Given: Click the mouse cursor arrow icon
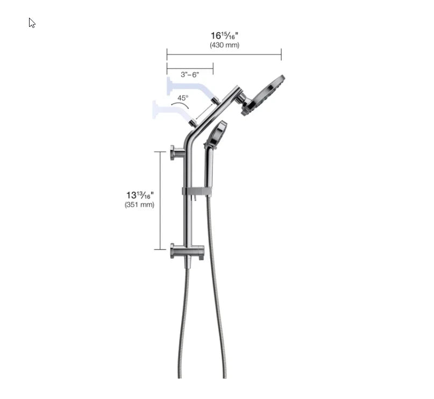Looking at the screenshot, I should click(32, 23).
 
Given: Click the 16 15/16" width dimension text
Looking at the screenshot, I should click(224, 36).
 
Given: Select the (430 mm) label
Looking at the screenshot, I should click(224, 45).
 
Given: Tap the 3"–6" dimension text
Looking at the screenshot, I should click(190, 74).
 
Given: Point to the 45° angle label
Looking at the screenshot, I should click(183, 98).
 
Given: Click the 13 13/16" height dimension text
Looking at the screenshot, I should click(140, 195).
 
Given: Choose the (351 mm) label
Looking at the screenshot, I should click(139, 205).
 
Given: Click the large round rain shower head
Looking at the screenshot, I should click(265, 94).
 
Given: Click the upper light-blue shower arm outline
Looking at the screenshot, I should click(186, 87).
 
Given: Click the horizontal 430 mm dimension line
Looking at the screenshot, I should click(224, 54).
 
